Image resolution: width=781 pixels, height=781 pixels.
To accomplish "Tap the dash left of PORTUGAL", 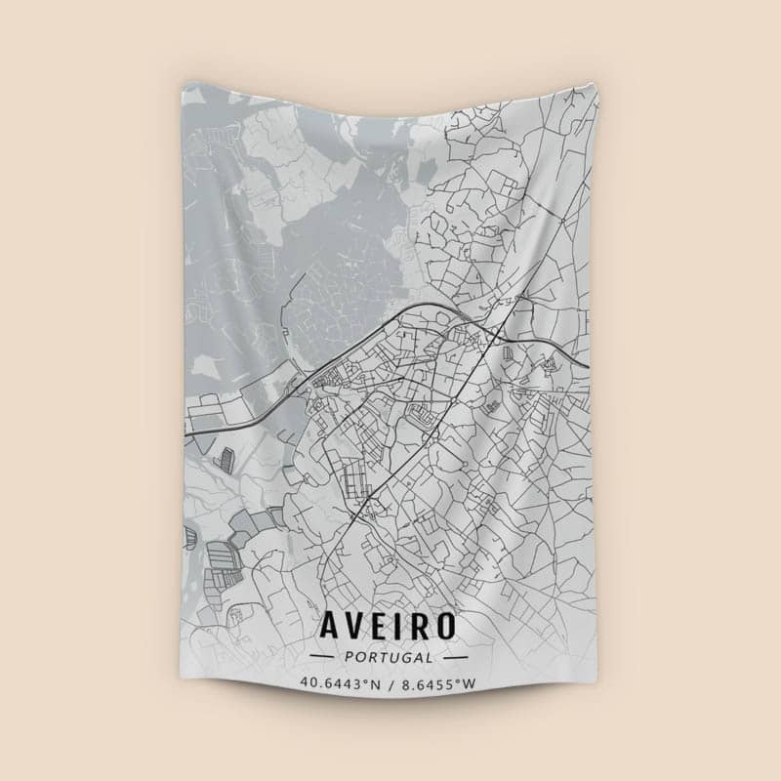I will point(321,657).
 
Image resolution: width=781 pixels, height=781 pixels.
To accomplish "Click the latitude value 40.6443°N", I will point(341,683).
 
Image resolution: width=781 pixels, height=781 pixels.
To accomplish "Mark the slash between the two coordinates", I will point(390,683).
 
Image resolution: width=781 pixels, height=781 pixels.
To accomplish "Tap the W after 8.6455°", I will point(470,683).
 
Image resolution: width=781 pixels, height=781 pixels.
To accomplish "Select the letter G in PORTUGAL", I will point(403,657).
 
